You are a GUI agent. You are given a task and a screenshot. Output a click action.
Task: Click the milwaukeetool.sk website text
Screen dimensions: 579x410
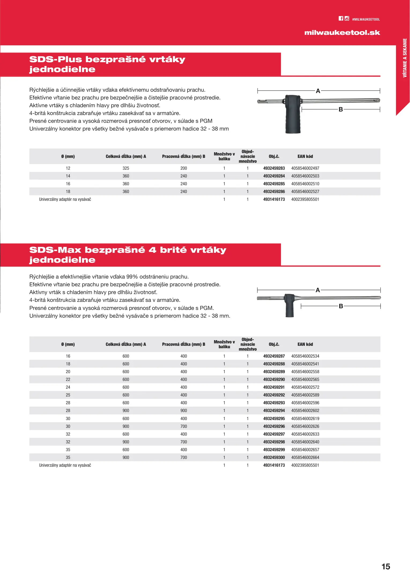[x=342, y=33]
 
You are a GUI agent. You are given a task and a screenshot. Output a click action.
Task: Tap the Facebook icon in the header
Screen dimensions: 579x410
[x=341, y=18]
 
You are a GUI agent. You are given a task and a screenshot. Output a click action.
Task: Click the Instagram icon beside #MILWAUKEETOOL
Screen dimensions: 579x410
[x=347, y=18]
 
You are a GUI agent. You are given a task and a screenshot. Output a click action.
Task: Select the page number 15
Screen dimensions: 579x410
[x=386, y=566]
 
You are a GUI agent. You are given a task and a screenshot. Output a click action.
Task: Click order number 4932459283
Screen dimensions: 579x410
[x=274, y=168]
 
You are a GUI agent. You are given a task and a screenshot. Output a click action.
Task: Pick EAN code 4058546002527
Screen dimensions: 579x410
[x=305, y=192]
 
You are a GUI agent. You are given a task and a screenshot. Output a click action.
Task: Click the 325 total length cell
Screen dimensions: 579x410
[x=126, y=168]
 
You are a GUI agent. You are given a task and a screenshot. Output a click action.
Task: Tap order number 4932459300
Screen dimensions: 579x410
[x=274, y=458]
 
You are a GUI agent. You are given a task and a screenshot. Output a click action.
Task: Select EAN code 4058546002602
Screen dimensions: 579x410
[x=305, y=411]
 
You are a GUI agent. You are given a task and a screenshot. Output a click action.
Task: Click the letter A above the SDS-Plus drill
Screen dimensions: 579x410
[x=318, y=91]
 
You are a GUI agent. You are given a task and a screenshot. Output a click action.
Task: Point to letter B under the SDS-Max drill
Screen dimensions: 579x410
[x=341, y=306]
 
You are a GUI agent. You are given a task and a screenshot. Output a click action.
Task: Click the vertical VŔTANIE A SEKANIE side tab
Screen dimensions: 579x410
[x=405, y=58]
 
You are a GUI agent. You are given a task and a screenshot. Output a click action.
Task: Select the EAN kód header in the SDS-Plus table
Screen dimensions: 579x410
[x=305, y=157]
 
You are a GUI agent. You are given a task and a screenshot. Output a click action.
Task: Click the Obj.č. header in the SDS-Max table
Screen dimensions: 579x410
[x=274, y=344]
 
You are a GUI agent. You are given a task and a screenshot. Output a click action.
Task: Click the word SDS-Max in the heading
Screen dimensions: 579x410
[x=55, y=250]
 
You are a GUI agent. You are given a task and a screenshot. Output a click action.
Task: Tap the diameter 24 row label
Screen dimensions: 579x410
[x=68, y=387]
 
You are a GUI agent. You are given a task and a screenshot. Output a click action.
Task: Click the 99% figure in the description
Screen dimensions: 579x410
[x=132, y=277]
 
